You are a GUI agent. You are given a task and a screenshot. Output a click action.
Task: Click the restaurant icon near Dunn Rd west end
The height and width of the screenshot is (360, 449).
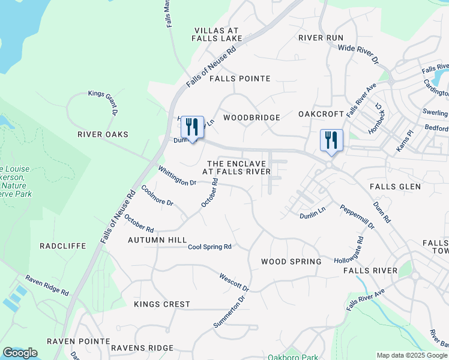click(192, 127)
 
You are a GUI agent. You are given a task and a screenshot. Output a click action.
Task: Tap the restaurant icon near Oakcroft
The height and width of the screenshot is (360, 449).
click(331, 140)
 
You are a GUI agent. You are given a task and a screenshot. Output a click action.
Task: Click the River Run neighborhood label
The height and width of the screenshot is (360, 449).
click(321, 37)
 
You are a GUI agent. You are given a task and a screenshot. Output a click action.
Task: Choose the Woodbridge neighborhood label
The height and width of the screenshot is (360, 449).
click(252, 118)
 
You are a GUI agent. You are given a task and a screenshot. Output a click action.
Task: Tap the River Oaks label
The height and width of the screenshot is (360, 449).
click(103, 134)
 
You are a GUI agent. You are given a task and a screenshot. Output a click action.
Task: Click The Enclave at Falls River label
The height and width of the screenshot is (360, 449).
click(236, 167)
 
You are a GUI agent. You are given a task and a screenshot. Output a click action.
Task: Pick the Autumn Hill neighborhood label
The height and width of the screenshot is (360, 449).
click(158, 240)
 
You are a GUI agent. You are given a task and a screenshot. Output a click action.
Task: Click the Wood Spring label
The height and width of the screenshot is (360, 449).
click(291, 262)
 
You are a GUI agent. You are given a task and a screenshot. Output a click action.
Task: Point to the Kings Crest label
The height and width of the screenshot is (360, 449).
click(161, 304)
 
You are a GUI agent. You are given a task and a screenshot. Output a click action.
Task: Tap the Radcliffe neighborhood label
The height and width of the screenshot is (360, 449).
click(62, 246)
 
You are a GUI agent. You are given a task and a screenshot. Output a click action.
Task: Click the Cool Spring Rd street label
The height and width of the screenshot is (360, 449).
click(209, 247)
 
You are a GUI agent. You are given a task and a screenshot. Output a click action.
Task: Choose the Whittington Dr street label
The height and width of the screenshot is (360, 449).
click(177, 175)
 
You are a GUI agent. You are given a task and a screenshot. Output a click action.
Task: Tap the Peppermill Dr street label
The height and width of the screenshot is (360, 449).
click(357, 217)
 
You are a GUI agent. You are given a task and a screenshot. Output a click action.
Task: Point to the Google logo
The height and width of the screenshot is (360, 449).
click(20, 353)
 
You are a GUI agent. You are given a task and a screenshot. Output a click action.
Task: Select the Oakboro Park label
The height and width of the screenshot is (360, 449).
click(292, 358)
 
